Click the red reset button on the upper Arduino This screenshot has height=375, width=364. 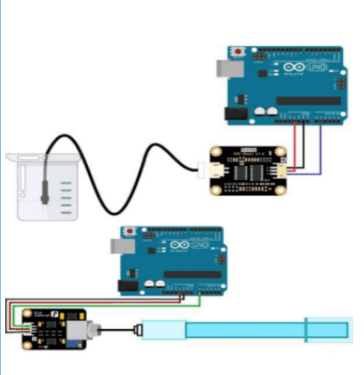(x=237, y=52)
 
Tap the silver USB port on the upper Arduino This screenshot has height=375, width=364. (x=225, y=67)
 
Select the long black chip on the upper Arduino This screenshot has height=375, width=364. (x=308, y=101)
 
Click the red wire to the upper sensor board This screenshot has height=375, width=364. (x=295, y=145)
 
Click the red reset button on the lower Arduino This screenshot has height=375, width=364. (x=129, y=231)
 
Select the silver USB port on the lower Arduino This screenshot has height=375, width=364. (x=117, y=245)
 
